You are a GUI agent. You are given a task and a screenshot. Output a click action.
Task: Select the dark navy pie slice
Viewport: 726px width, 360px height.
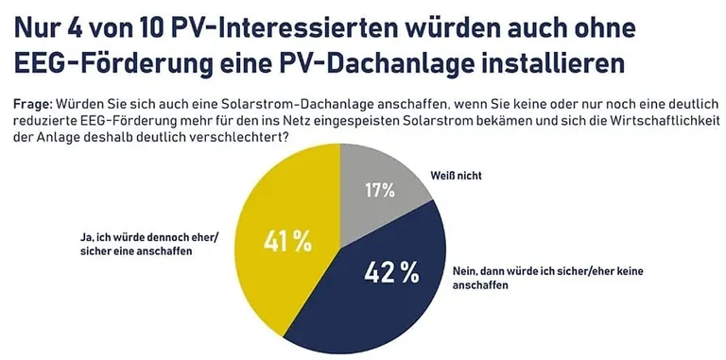tap(378, 293)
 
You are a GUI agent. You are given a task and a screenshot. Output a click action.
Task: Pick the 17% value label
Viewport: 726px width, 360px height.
tap(379, 190)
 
